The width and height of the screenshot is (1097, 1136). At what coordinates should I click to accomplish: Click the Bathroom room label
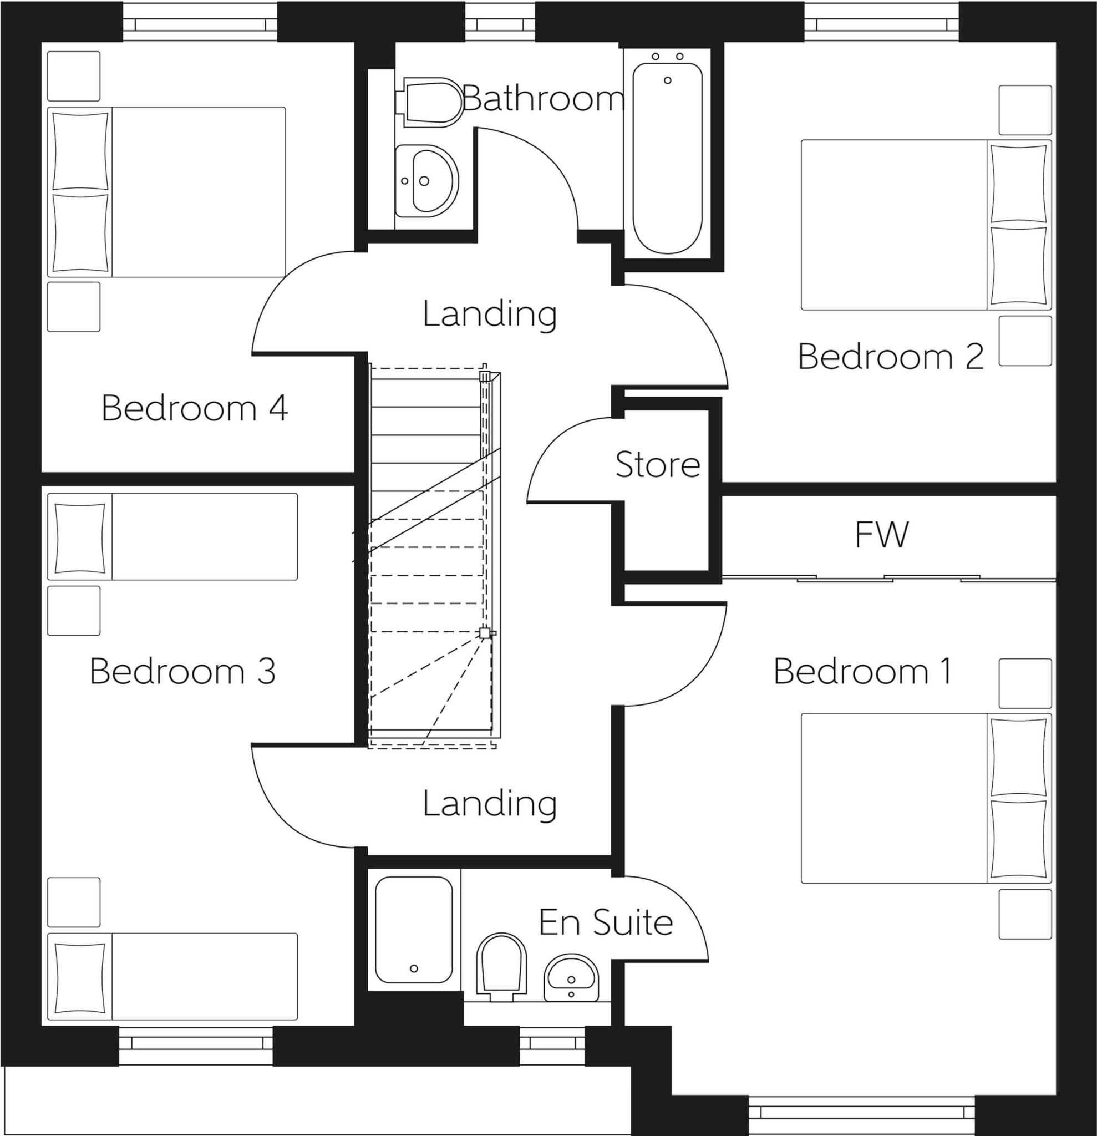click(544, 99)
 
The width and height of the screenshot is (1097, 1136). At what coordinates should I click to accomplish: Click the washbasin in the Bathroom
click(426, 181)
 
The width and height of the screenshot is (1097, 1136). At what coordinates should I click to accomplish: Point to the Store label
click(657, 465)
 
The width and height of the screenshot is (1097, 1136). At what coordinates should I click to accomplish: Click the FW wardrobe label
click(881, 534)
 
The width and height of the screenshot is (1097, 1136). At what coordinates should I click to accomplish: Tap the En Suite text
click(606, 922)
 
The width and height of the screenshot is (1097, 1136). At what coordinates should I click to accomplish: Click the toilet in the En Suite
click(501, 966)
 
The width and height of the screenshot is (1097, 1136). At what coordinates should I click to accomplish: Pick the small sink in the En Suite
click(571, 978)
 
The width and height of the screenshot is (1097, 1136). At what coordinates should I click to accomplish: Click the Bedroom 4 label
click(195, 408)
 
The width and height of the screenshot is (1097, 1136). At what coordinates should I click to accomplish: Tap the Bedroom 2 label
click(891, 356)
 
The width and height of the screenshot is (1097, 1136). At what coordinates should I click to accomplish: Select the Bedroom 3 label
click(182, 671)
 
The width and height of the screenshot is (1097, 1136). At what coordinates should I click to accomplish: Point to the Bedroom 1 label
click(862, 671)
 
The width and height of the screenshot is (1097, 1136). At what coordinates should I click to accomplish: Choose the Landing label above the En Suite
click(490, 803)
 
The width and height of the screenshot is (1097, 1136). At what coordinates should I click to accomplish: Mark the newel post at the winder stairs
click(485, 633)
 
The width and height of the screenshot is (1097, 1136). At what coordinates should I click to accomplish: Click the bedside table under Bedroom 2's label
click(1024, 341)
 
